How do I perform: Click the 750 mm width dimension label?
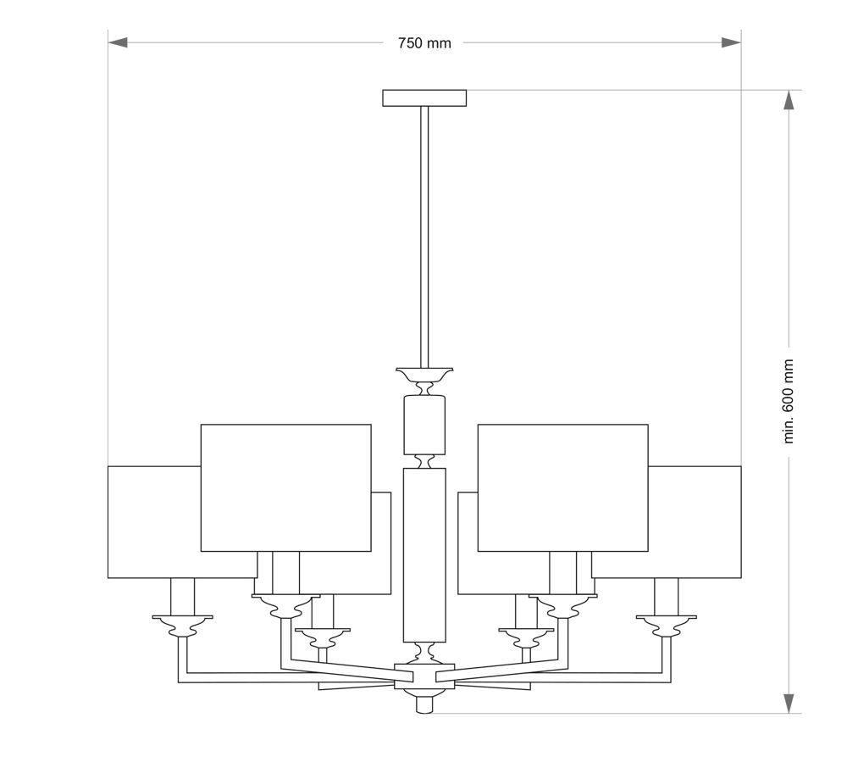[424, 43]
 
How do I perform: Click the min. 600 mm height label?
[789, 402]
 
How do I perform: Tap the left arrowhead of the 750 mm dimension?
[118, 42]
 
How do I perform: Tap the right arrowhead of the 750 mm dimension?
[731, 42]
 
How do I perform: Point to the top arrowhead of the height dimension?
[789, 100]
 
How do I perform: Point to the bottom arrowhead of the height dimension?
[789, 703]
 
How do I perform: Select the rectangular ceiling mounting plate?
[424, 97]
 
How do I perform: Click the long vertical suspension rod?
[424, 237]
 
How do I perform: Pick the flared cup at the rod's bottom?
[424, 374]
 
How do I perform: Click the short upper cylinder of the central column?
[424, 425]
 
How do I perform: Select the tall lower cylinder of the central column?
[424, 555]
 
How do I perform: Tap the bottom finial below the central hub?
[424, 703]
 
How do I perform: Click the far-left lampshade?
[154, 522]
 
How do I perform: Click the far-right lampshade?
[695, 522]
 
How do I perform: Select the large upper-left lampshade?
[285, 488]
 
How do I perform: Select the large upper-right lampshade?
[563, 488]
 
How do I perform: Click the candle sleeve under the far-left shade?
[183, 597]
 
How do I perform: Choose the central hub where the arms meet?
[424, 676]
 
